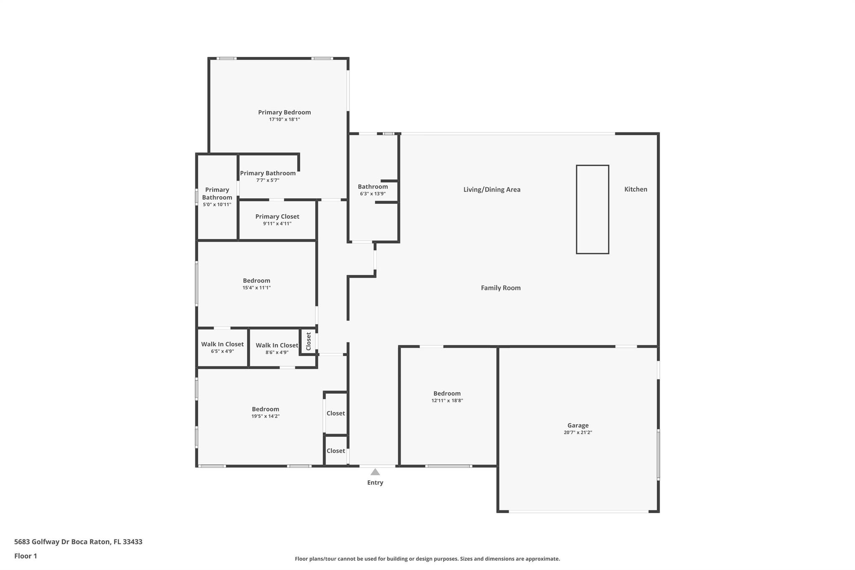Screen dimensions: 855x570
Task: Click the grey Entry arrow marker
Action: point(375,472)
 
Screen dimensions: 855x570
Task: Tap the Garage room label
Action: point(578,426)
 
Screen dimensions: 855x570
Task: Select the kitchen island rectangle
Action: point(592,209)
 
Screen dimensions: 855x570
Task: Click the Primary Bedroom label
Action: point(284,112)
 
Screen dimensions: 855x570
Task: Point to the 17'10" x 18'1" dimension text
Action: point(284,119)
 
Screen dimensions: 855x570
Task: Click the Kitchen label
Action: point(635,189)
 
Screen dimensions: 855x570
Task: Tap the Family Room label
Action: point(501,288)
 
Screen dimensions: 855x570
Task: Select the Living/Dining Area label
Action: point(492,190)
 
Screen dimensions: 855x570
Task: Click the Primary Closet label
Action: point(277,216)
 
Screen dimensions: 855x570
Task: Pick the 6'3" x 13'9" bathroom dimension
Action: point(372,194)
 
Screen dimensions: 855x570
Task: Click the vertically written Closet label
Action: point(309,341)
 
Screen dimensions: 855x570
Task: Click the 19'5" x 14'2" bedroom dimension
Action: point(266,416)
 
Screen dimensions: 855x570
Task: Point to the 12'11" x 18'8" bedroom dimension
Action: point(447,400)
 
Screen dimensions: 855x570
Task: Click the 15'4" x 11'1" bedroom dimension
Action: point(257,288)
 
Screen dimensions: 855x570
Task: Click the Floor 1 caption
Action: point(25,556)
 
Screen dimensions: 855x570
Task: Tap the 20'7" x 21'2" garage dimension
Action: point(578,433)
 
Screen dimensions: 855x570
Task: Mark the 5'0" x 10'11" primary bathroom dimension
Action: point(217,205)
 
